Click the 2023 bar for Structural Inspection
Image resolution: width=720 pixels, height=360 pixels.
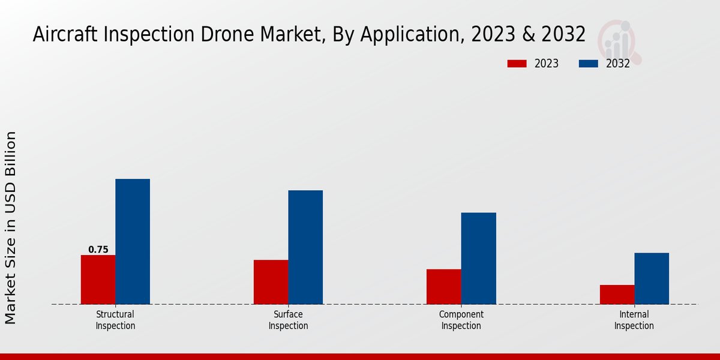[x=98, y=280]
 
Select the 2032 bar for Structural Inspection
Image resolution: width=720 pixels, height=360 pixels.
[x=133, y=241]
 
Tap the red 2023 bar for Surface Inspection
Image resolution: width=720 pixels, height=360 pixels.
[x=271, y=282]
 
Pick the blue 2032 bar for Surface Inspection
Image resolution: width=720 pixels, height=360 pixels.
[x=305, y=247]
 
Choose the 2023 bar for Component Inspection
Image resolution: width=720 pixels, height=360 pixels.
[x=444, y=287]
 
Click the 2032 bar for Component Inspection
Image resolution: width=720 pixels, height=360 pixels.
[x=479, y=258]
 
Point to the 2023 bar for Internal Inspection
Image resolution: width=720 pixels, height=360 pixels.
[x=617, y=295]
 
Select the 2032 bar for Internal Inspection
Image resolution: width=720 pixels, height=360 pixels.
[x=652, y=278]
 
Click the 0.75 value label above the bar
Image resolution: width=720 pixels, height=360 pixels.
[x=98, y=250]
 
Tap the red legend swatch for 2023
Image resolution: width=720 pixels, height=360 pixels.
[x=517, y=64]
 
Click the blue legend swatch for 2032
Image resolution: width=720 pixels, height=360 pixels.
[x=589, y=64]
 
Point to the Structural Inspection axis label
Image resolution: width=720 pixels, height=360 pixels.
[x=115, y=320]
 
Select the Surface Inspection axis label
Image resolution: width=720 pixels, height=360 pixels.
[x=288, y=320]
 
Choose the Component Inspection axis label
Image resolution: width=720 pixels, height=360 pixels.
[x=461, y=320]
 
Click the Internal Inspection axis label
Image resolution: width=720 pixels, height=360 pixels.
[x=634, y=320]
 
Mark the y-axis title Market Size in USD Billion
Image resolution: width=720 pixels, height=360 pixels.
[x=11, y=228]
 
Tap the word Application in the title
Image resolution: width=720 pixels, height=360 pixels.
[x=413, y=35]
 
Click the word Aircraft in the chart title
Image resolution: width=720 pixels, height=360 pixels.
[x=67, y=35]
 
